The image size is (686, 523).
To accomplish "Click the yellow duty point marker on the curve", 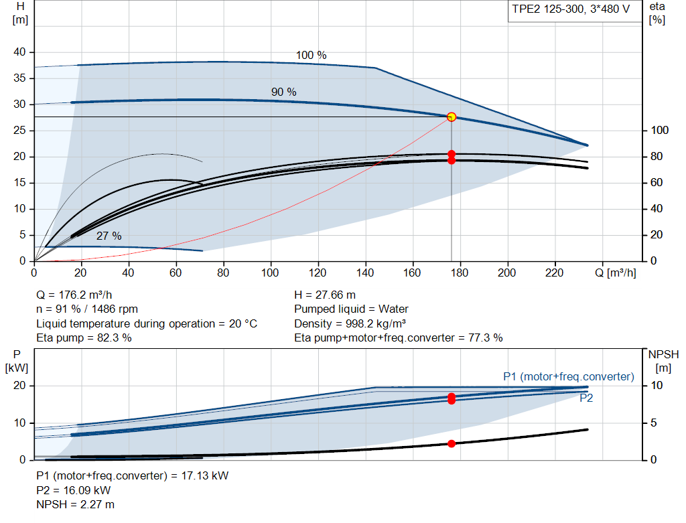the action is coord(452,117).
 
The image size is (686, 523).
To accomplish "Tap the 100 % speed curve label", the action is coord(311,55).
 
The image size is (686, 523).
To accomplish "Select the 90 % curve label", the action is coord(283,92).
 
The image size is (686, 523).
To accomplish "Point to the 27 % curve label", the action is coord(109,236).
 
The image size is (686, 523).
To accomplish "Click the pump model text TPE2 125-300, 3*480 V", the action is coord(571,9).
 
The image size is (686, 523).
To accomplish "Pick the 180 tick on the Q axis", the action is coord(460,273).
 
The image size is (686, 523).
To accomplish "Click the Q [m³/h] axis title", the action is coord(616,273).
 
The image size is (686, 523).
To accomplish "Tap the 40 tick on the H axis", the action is coord(19,52).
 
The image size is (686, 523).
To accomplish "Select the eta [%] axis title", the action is coord(657,13).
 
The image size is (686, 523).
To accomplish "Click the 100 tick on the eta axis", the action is coord(660,131).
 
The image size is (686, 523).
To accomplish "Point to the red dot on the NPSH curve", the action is coord(452,443).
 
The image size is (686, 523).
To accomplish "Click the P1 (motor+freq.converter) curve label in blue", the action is coord(569,376).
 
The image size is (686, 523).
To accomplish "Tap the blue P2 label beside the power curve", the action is coord(586,398).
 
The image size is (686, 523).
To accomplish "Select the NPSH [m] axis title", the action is coord(663,361).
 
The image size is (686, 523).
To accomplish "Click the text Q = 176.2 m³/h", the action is coord(74,295).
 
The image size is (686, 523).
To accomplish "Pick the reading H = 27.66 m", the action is coord(325,295).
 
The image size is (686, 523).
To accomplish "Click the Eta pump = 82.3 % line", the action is coord(84,338).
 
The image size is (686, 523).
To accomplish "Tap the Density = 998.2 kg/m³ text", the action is coord(350,323).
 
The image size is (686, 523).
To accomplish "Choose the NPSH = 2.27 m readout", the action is coord(75,504).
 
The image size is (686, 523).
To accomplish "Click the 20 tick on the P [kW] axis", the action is coord(19,385).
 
